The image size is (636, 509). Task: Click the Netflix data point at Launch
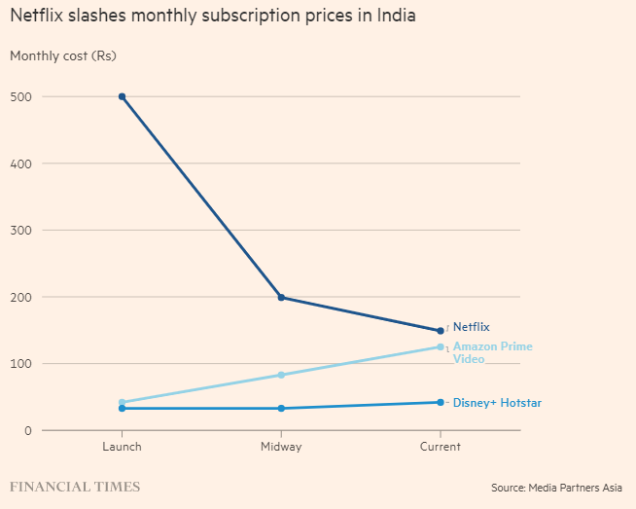click(x=122, y=96)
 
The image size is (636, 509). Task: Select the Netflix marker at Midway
click(x=281, y=297)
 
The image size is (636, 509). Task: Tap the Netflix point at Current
click(x=441, y=331)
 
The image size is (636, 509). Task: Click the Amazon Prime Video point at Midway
click(x=281, y=375)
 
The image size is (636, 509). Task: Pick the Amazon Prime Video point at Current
click(x=441, y=346)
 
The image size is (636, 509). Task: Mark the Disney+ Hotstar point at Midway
click(x=281, y=408)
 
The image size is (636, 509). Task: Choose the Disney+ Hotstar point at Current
click(x=441, y=402)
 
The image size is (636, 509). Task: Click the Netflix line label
click(x=472, y=327)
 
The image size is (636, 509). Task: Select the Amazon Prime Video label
click(x=492, y=352)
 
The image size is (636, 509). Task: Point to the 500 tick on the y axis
click(x=21, y=96)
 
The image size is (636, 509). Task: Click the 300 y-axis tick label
click(x=21, y=230)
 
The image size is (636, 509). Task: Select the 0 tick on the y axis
click(x=28, y=430)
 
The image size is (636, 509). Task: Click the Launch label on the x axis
click(x=122, y=447)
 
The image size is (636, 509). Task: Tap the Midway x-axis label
click(x=281, y=447)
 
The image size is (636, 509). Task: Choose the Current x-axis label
click(x=441, y=447)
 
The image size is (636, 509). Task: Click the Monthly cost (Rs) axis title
click(x=62, y=55)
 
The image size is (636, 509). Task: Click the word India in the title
click(x=397, y=17)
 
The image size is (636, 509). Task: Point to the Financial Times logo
click(x=75, y=486)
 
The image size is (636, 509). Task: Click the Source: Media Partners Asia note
click(x=556, y=487)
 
